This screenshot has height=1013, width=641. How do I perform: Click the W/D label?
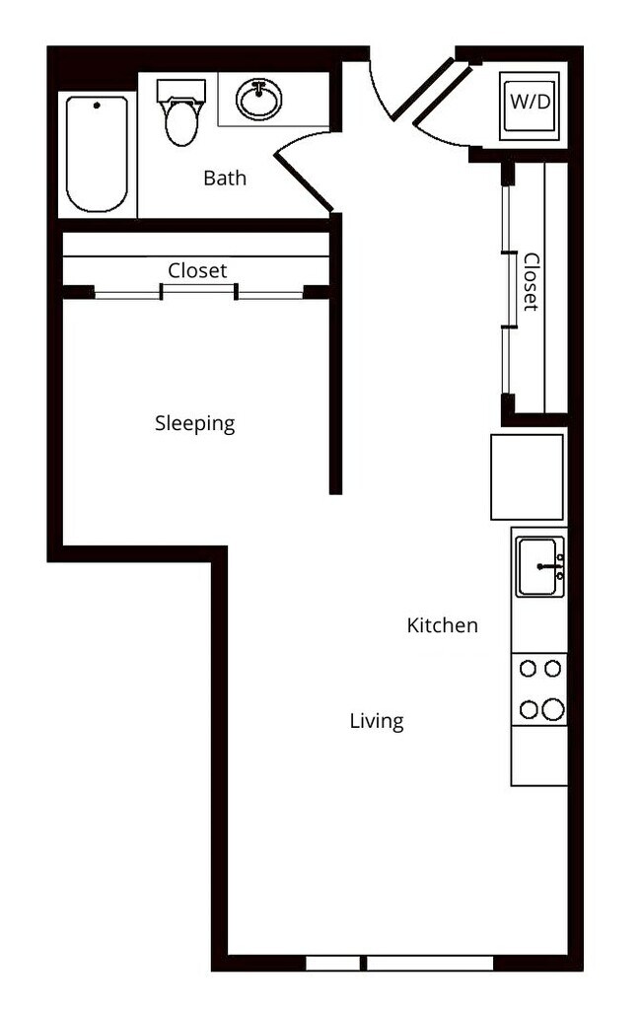(x=530, y=102)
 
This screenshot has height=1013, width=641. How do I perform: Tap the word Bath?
(x=225, y=179)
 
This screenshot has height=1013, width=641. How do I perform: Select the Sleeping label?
(x=195, y=424)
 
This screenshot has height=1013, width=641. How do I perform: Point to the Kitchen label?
(x=443, y=625)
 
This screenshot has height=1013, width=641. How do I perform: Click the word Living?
(x=377, y=721)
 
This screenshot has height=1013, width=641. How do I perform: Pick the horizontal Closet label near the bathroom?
(x=197, y=270)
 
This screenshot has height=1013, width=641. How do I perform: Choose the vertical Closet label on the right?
(x=532, y=282)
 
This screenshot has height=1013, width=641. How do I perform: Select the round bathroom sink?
(x=259, y=99)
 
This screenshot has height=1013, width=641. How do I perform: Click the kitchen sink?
(x=538, y=567)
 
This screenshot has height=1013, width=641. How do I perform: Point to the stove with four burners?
(x=539, y=689)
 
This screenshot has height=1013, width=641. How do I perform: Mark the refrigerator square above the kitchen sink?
(x=528, y=476)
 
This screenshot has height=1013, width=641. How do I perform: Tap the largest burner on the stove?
(x=552, y=709)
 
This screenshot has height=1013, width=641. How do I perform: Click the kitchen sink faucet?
(x=552, y=567)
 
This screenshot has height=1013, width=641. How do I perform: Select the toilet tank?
(x=180, y=90)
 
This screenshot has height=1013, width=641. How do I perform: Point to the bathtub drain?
(x=97, y=104)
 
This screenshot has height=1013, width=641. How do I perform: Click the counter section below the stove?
(x=539, y=756)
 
